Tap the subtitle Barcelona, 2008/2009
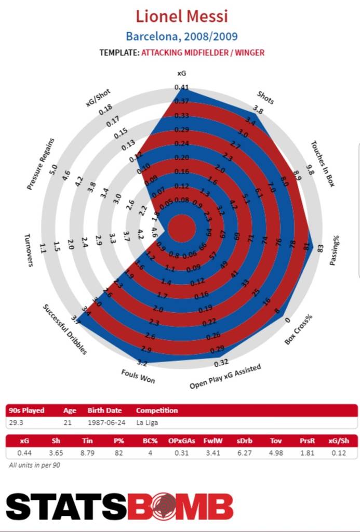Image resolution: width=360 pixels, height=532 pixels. tap(182, 37)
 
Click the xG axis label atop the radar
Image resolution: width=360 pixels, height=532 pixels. tap(182, 74)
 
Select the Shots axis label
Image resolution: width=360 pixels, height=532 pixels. tap(265, 97)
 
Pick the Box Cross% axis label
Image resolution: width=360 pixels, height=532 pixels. tap(299, 329)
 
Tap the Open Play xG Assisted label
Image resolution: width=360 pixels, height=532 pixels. tap(225, 377)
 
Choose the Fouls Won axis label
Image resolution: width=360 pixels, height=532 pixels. tap(138, 375)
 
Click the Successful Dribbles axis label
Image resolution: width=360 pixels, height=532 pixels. tap(65, 329)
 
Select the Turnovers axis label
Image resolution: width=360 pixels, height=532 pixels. tap(29, 250)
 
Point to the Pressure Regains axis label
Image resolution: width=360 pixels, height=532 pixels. tap(41, 164)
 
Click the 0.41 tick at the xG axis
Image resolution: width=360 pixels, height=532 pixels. tap(182, 87)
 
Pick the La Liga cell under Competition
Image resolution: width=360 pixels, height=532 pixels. tap(148, 422)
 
